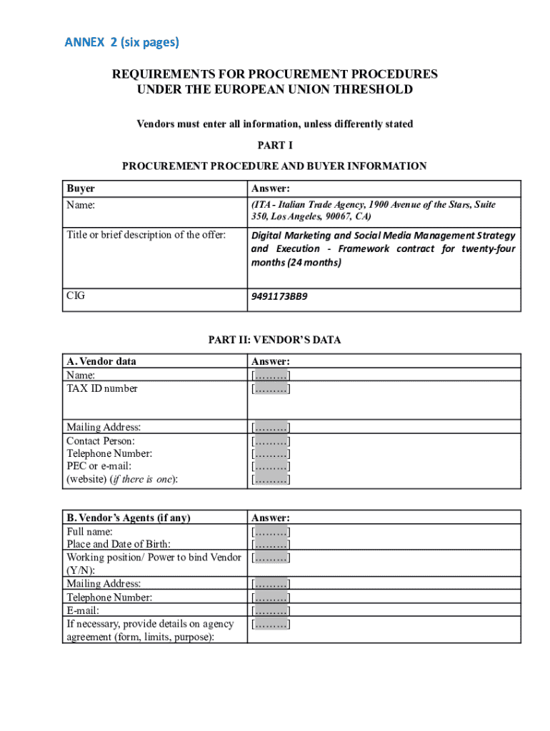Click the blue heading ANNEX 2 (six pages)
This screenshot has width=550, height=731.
[121, 42]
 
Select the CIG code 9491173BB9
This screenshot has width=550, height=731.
[279, 296]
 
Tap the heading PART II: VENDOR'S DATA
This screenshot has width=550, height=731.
[274, 340]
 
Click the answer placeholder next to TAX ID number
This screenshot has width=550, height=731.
[270, 388]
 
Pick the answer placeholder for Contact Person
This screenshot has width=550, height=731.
[270, 440]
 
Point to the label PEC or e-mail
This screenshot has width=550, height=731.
[99, 466]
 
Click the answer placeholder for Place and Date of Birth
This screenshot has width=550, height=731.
[270, 544]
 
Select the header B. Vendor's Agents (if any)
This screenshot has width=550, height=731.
[129, 518]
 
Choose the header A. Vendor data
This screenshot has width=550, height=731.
[101, 361]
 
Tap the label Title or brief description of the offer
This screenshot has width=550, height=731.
[146, 235]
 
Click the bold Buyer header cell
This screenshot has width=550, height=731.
[81, 188]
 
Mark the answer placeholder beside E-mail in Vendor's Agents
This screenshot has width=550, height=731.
[270, 610]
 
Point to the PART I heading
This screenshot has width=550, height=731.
[275, 146]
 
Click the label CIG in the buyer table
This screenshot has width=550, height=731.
[76, 295]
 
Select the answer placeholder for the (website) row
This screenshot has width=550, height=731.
[270, 480]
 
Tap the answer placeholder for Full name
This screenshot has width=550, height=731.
[270, 531]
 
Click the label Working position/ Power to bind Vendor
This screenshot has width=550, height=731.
[154, 557]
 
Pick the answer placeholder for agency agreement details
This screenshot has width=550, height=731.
[270, 624]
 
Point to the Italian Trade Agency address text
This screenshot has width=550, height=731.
[373, 210]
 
